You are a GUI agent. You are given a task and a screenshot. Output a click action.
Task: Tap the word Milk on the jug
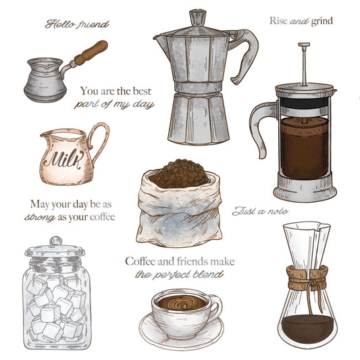(x=61, y=160)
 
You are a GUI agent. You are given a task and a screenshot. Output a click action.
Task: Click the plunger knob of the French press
(x=304, y=46)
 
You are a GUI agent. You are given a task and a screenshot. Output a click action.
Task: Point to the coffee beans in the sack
(x=178, y=174)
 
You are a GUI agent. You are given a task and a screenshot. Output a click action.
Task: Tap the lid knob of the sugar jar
(x=56, y=240)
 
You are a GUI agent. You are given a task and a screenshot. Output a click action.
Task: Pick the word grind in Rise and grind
(x=322, y=21)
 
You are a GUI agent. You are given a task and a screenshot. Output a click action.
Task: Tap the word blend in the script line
(x=213, y=275)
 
